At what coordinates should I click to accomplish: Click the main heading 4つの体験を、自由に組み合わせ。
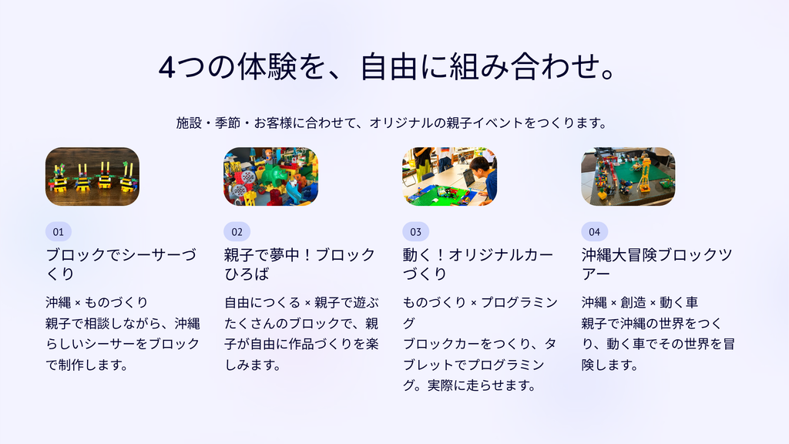click(388, 66)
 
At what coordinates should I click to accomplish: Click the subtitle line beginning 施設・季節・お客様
click(392, 123)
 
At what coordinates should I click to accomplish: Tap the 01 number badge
click(59, 231)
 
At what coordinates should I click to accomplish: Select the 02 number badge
click(237, 231)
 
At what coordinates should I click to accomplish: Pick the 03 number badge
click(415, 231)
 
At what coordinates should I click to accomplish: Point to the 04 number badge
click(595, 231)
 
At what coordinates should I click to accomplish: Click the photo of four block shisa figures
click(92, 177)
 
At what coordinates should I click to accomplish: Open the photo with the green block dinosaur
click(271, 177)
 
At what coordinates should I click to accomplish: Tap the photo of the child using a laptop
click(450, 177)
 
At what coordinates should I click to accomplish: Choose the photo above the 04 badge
click(629, 177)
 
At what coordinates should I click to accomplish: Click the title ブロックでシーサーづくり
click(121, 264)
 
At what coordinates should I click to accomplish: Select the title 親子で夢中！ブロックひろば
click(300, 264)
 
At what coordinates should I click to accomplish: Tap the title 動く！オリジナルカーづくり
click(478, 264)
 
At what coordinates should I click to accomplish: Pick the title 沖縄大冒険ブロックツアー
click(656, 264)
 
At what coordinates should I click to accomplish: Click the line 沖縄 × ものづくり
click(96, 302)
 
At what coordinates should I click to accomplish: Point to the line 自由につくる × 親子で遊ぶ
click(301, 302)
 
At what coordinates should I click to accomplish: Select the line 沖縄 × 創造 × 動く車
click(640, 302)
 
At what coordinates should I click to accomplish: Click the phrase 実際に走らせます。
click(482, 385)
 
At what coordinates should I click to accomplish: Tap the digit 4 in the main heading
click(167, 68)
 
